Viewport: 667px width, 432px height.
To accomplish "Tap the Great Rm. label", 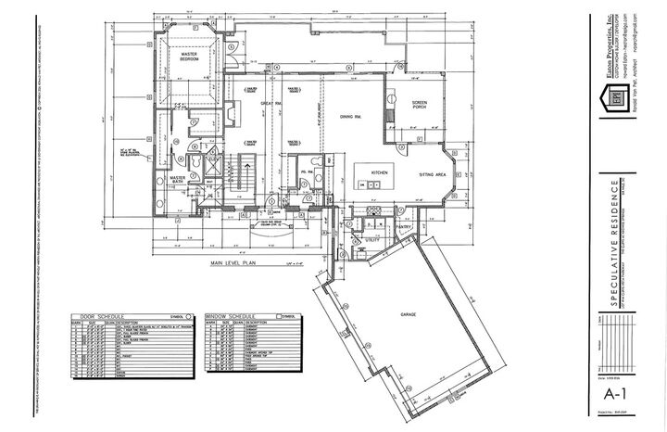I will tap(271, 103).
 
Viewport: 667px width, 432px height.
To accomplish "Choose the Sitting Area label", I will tap(434, 173).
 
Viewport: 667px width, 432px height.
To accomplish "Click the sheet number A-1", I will tap(611, 394).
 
